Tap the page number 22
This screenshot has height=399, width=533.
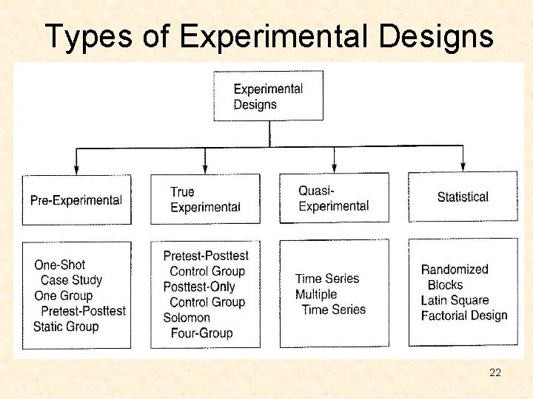[495, 372]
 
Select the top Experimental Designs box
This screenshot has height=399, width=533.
[269, 96]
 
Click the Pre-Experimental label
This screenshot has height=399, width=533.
[76, 200]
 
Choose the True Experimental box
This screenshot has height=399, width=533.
[205, 199]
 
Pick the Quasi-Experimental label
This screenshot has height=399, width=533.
[333, 199]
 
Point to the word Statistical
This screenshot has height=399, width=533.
[463, 197]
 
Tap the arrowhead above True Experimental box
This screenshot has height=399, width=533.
[205, 169]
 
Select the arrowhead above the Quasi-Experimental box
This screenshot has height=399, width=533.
[335, 168]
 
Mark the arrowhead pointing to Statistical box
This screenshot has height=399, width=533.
[463, 168]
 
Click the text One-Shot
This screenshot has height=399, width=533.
[60, 265]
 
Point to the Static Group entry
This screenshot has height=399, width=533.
[66, 327]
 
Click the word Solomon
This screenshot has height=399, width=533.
[187, 318]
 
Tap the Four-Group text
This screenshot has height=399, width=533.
[201, 333]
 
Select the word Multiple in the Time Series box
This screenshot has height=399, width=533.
[316, 294]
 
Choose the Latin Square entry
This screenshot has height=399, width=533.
[455, 300]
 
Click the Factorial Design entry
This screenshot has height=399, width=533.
[464, 316]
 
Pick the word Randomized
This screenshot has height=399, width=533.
[455, 270]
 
